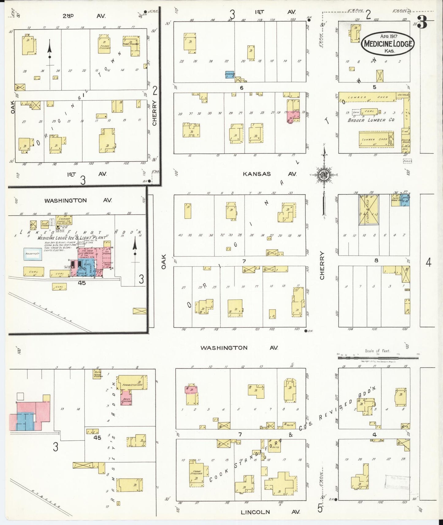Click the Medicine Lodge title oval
388,43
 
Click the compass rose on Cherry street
324,175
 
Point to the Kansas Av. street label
269,174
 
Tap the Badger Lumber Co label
371,120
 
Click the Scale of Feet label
377,351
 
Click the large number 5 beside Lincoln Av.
320,509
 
